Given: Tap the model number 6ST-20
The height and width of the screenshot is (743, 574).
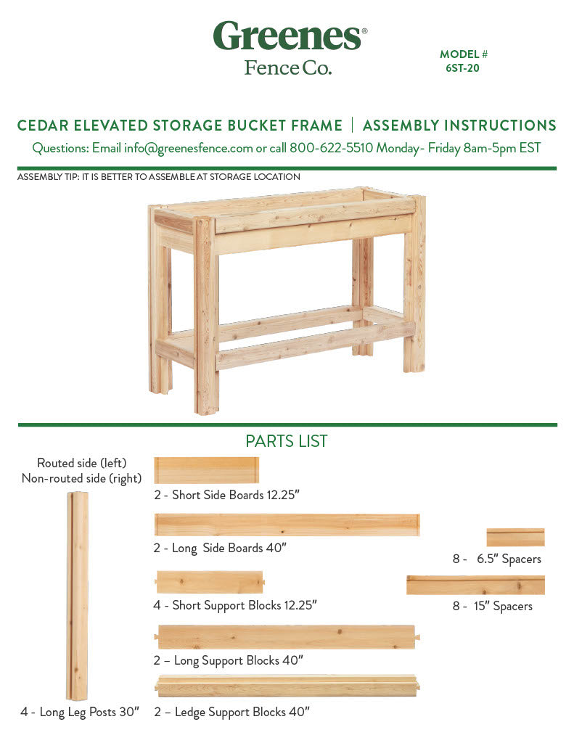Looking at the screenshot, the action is [x=462, y=68].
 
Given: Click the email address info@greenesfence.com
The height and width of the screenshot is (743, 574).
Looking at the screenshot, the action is [x=188, y=148].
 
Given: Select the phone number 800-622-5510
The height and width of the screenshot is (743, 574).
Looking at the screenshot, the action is [x=332, y=148].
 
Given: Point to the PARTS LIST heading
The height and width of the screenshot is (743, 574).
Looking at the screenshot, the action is [x=287, y=441].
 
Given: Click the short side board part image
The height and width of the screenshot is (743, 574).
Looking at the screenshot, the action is [x=207, y=470].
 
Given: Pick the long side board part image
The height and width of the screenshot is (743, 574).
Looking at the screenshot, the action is [x=287, y=525].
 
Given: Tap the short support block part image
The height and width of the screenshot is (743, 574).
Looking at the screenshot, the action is [x=210, y=583].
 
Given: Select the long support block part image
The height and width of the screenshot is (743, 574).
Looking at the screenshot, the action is [x=287, y=637].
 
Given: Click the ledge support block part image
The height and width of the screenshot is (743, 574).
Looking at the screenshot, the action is [x=287, y=686].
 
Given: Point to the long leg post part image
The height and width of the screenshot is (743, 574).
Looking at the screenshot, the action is [x=77, y=596].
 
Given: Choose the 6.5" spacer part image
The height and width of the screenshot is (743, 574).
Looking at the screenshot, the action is [x=515, y=538].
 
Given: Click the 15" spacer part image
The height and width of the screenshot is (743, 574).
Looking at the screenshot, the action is [x=475, y=586].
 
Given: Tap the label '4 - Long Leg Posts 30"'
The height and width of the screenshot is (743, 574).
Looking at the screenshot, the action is [x=80, y=712].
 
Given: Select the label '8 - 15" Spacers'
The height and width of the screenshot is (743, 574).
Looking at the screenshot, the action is [x=493, y=606].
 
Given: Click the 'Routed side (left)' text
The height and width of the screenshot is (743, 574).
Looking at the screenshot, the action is [x=81, y=463].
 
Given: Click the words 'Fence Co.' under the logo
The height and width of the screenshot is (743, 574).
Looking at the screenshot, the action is [x=288, y=67].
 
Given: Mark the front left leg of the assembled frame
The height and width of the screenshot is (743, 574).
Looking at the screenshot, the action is [x=207, y=315].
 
